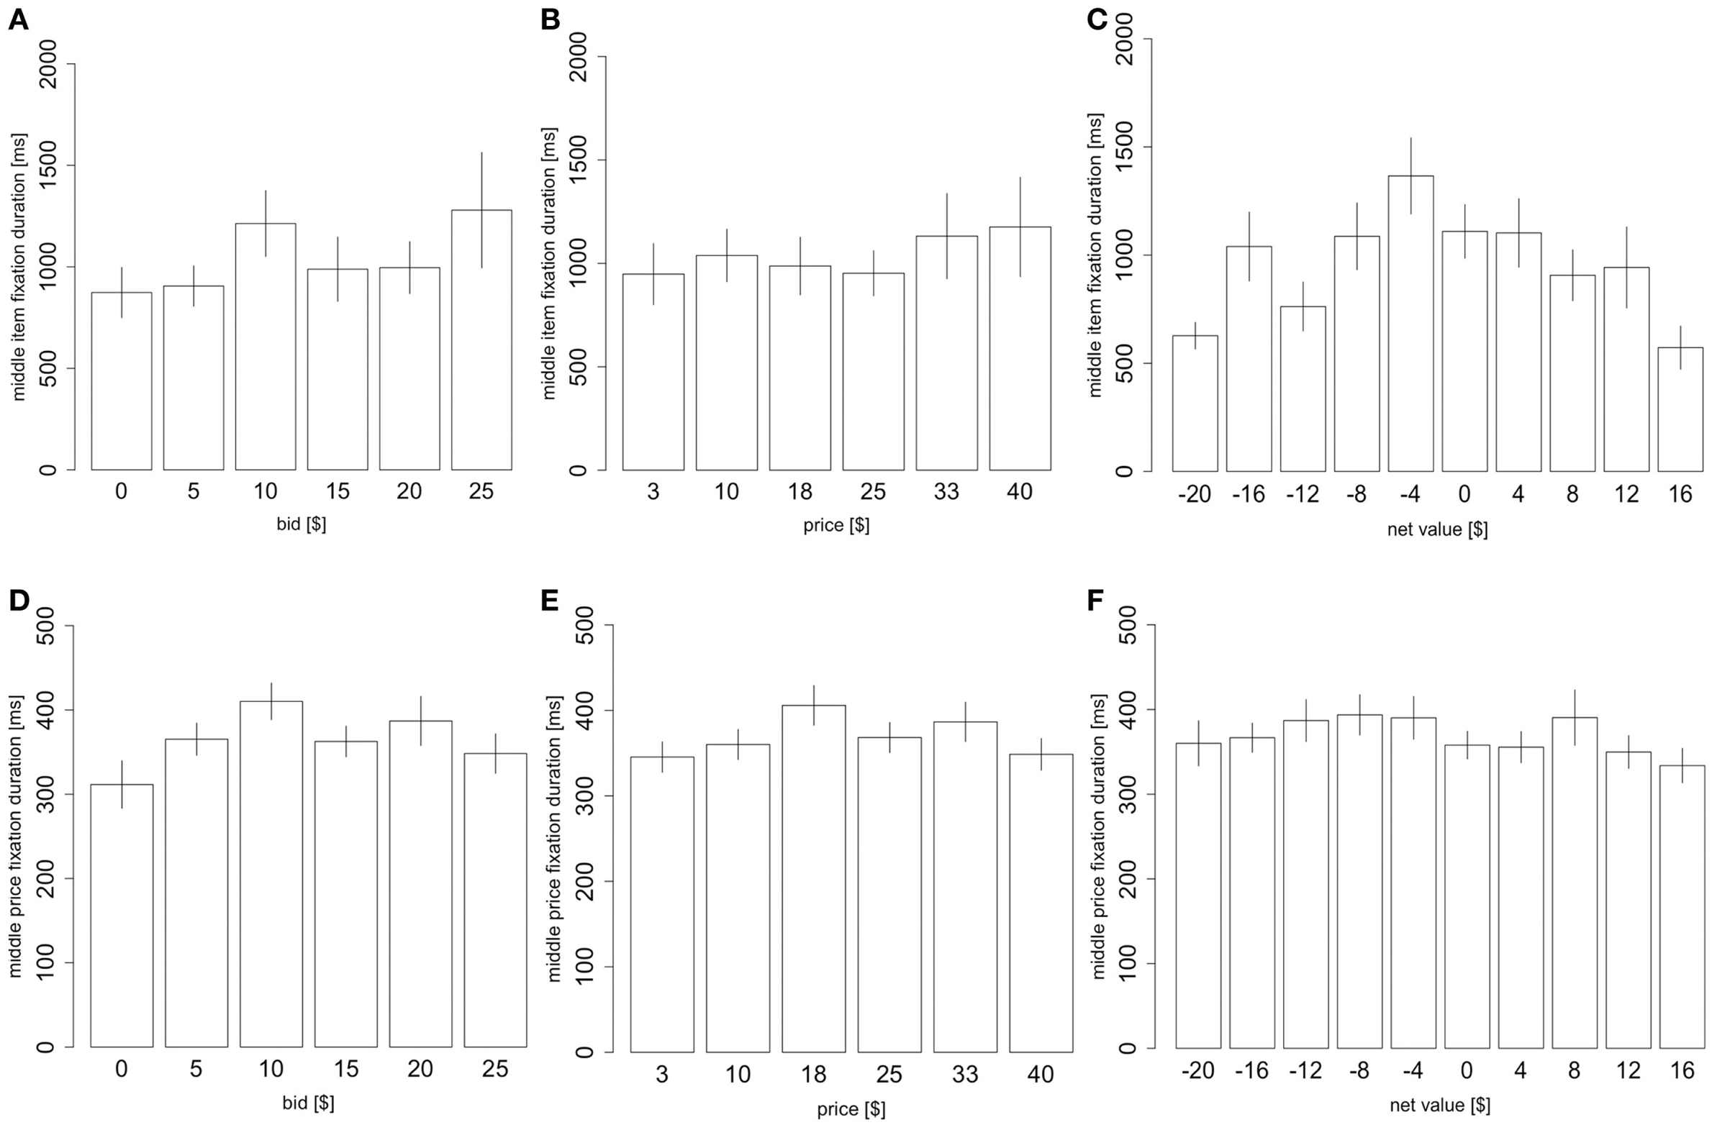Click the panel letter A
click(19, 20)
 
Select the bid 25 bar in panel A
click(481, 340)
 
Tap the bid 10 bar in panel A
click(266, 347)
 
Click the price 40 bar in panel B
click(1019, 349)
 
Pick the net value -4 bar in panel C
click(1410, 324)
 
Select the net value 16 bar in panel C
click(1680, 409)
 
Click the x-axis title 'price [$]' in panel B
click(836, 525)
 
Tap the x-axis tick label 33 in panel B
click(946, 492)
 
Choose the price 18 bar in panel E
click(813, 878)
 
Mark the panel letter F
click(1095, 601)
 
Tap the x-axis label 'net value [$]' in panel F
click(1439, 1105)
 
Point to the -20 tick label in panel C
click(1194, 494)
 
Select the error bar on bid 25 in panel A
click(481, 210)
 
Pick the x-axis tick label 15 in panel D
click(345, 1068)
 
